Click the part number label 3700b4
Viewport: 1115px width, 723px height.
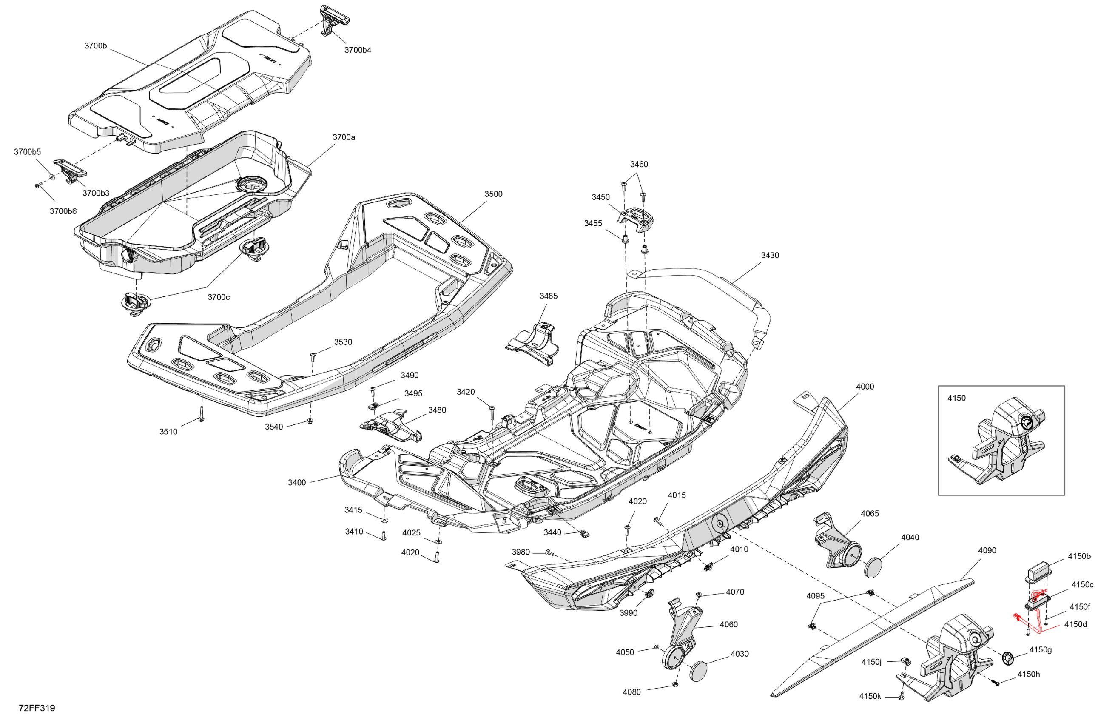tap(358, 50)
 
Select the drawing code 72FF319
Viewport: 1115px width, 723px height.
tap(37, 708)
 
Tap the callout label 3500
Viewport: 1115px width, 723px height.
tap(493, 194)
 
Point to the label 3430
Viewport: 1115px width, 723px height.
tap(770, 255)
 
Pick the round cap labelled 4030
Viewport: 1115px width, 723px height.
tap(700, 672)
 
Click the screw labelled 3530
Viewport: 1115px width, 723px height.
tap(313, 357)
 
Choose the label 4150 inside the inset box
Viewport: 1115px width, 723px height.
tap(956, 398)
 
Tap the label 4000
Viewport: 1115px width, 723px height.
tap(865, 387)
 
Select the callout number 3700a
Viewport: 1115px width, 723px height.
tap(344, 137)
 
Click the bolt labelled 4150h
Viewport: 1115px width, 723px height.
tap(996, 683)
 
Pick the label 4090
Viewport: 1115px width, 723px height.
tap(987, 551)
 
